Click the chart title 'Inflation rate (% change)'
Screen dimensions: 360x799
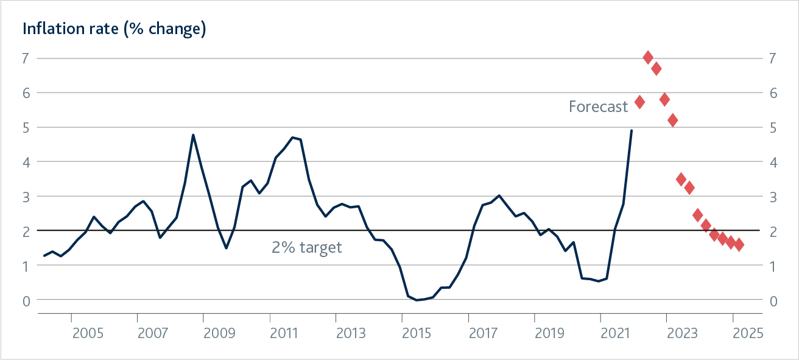click(114, 29)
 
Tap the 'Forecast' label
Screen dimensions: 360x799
click(598, 107)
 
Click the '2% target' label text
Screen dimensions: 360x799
click(307, 247)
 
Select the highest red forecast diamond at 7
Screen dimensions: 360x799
click(648, 57)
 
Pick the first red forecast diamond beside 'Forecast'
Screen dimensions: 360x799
click(639, 102)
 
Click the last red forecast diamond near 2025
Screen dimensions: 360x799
click(739, 244)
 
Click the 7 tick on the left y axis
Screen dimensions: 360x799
click(25, 58)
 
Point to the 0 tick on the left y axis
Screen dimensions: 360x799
click(25, 300)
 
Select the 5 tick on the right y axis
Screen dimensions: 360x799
click(773, 128)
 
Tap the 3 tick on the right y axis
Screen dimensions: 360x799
click(773, 197)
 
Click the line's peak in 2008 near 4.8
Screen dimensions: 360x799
click(193, 135)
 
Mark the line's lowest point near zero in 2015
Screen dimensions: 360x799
click(417, 300)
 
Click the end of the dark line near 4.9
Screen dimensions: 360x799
click(631, 130)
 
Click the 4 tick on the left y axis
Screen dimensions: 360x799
click(25, 162)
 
